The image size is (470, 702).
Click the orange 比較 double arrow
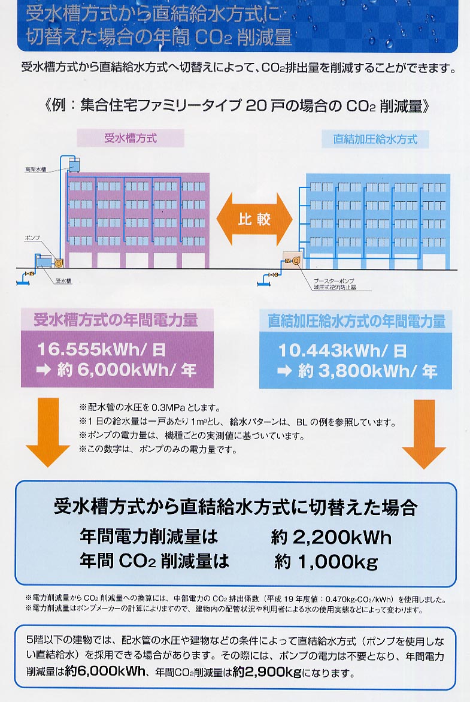click(255, 219)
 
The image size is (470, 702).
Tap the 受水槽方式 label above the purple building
click(130, 138)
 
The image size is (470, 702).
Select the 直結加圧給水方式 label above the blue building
click(375, 140)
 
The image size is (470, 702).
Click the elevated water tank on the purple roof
click(74, 162)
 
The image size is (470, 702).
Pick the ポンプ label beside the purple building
click(33, 238)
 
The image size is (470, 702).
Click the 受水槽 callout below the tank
click(63, 280)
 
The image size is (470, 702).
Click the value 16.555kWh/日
click(101, 349)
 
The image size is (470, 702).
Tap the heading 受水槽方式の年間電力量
click(116, 320)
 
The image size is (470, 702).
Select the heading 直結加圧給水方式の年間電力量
click(356, 321)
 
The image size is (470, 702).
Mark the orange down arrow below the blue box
click(424, 434)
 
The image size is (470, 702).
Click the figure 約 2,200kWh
click(330, 537)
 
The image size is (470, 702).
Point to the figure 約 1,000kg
click(326, 561)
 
